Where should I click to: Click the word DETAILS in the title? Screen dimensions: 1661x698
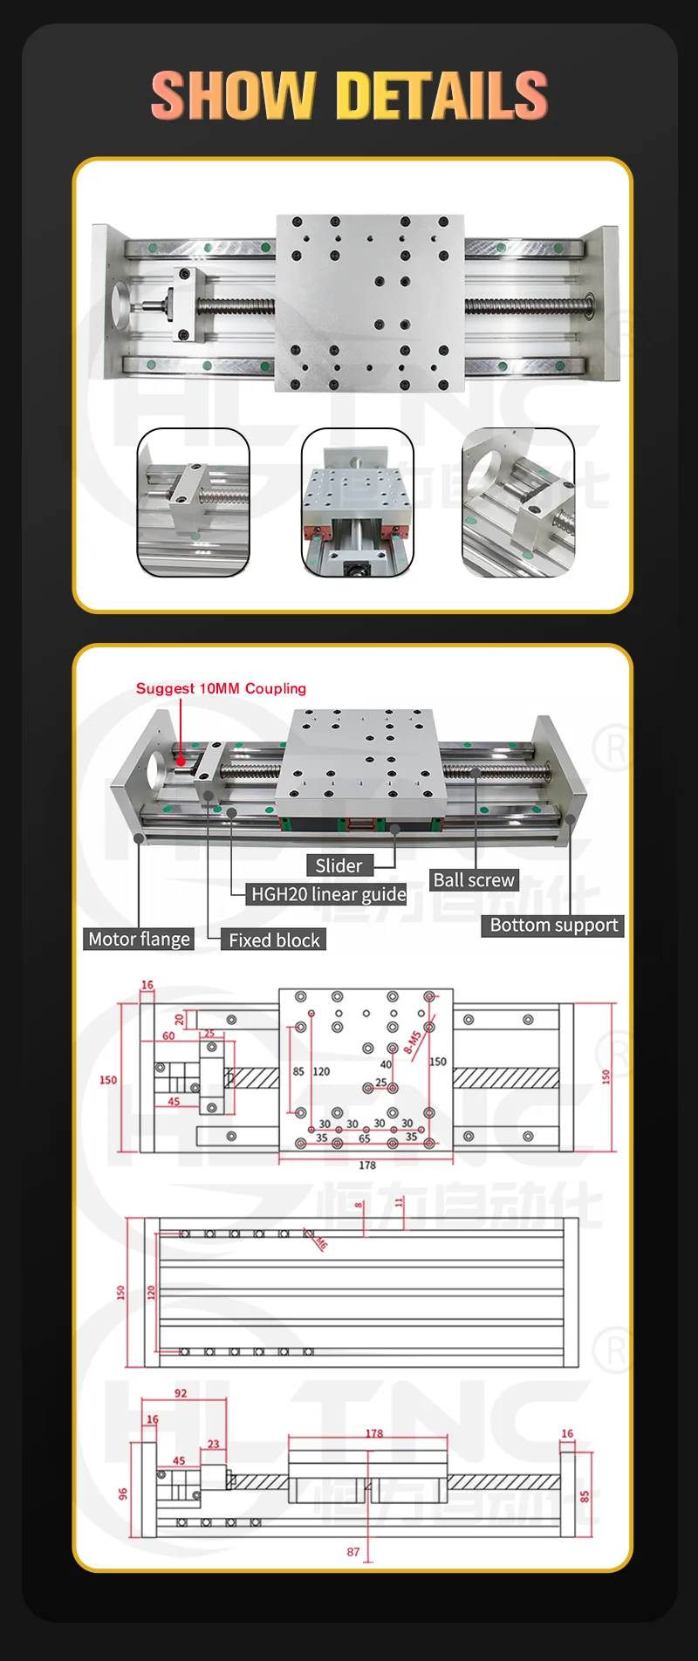441,95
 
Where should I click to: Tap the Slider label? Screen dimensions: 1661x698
339,865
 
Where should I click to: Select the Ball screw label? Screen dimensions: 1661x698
474,880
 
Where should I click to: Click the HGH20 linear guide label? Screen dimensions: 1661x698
328,894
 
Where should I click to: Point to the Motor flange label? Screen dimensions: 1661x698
139,940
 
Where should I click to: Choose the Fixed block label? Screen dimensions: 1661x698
274,940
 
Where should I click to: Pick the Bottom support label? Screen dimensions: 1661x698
553,926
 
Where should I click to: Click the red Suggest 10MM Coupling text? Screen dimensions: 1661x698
221,688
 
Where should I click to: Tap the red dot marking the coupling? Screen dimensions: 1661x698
181,761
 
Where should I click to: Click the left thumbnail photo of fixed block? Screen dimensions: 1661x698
194,502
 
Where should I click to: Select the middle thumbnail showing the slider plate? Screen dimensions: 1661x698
357,502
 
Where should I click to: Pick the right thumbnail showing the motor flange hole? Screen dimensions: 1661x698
518,502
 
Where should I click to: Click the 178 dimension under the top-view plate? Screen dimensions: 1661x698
367,1165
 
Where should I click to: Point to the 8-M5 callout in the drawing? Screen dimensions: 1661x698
413,1041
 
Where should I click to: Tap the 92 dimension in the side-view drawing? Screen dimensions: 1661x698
181,1393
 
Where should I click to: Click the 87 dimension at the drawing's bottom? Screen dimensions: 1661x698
352,1552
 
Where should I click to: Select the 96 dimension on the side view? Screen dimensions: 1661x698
122,1494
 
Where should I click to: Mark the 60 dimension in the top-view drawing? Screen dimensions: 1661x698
168,1036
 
